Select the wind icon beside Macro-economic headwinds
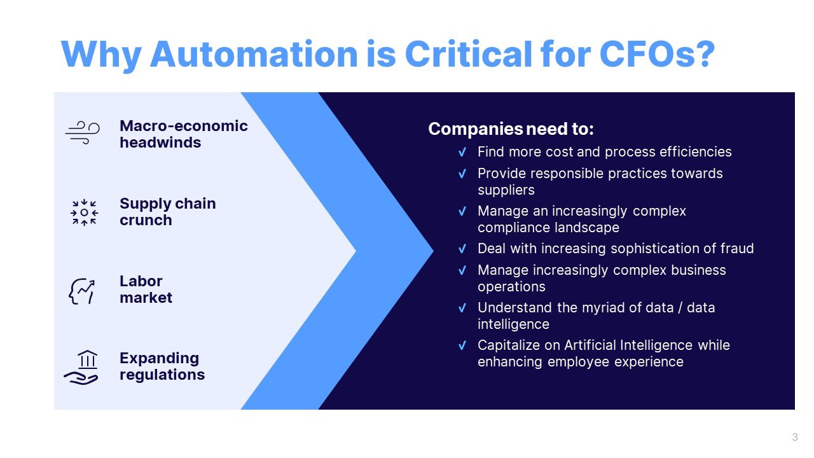[x=83, y=133]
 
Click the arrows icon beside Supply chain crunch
[x=84, y=212]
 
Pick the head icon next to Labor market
[x=82, y=290]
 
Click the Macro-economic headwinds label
[x=183, y=134]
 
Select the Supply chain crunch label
[x=167, y=212]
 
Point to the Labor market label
[x=146, y=289]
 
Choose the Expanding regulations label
[x=162, y=366]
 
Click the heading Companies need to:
[x=511, y=129]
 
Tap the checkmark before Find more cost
[x=462, y=153]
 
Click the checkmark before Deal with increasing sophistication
[x=462, y=249]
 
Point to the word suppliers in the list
[x=506, y=190]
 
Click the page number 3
[x=795, y=437]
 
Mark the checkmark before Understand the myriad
[x=462, y=308]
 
